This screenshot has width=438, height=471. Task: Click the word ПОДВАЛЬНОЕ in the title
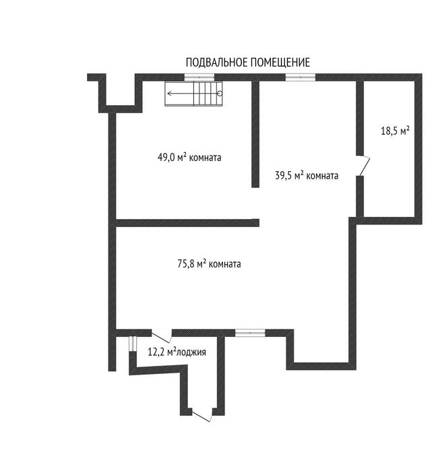217,63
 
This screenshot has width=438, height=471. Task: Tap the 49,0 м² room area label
189,157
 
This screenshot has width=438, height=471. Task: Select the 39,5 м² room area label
307,175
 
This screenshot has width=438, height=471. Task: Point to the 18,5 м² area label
396,131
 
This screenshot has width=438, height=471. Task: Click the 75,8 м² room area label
209,263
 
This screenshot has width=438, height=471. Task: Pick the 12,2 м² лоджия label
177,352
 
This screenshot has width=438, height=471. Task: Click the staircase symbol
194,94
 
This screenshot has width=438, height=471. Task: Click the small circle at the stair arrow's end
220,94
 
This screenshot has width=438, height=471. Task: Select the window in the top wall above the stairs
199,77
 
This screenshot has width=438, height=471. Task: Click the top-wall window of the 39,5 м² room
301,77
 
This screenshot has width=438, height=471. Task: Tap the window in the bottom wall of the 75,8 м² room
250,332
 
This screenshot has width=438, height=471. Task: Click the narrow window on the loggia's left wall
133,344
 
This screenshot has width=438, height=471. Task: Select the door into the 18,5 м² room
363,166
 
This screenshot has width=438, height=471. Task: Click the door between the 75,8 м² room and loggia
162,336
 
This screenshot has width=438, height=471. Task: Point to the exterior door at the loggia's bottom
202,416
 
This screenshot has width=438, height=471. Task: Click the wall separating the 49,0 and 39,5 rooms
255,134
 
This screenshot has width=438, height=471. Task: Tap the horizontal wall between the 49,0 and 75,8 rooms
187,222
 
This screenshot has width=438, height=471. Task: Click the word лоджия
191,352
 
